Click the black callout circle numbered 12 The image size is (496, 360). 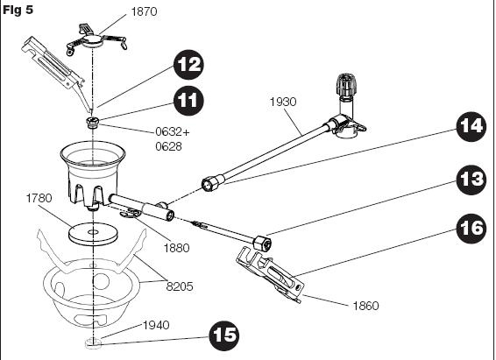pos(188,65)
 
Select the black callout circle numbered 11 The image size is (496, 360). pos(188,101)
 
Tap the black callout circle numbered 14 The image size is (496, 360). pos(471,126)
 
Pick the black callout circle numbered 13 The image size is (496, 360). pos(471,180)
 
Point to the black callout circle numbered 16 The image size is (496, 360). pos(471,229)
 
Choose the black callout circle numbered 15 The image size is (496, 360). pos(224,335)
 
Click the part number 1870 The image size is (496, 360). pos(144,11)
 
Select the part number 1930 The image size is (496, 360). pos(283,102)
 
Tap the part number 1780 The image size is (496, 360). pos(39,198)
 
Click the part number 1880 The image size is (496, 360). pos(176,248)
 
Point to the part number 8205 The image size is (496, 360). pos(180,286)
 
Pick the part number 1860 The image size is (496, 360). pos(365,306)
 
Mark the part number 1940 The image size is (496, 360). pos(156,325)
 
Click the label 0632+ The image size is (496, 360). pos(173,131)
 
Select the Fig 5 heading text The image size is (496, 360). pos(18,10)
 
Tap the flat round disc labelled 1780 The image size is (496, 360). pos(93,234)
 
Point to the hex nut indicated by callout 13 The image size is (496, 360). pos(262,244)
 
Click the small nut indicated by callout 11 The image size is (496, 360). pos(92,122)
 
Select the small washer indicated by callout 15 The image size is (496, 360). pos(93,343)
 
